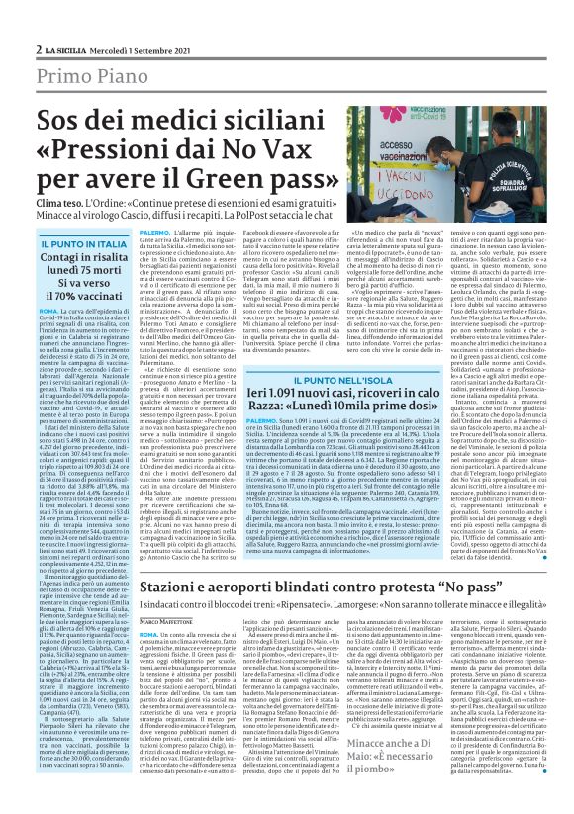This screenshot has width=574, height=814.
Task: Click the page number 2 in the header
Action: tap(38, 20)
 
